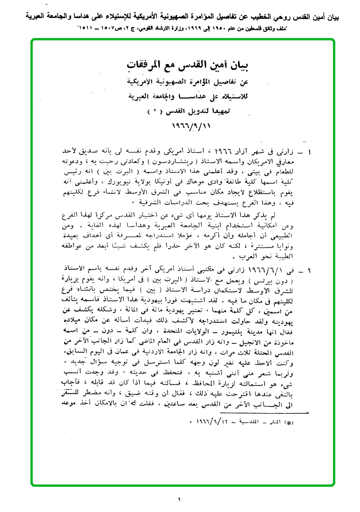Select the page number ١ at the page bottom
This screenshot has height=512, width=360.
(180, 499)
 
